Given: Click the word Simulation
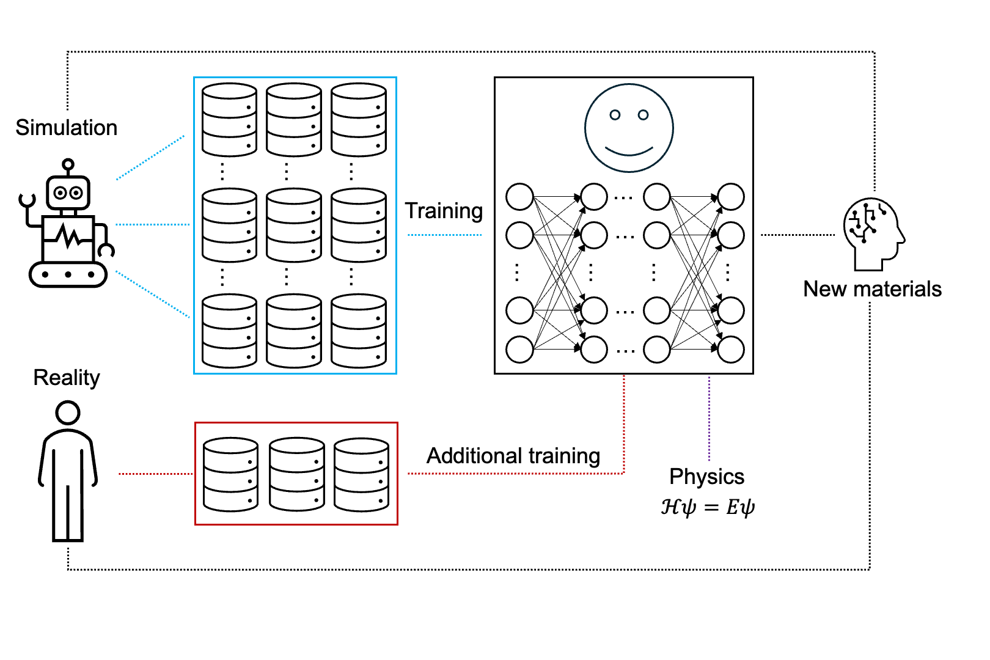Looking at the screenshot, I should [66, 128].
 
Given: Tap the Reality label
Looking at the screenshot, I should [66, 378].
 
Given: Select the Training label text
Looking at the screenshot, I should [444, 211].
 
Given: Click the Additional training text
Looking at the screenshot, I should [513, 456].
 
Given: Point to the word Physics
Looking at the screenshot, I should [706, 477].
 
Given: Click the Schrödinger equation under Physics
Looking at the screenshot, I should [708, 507].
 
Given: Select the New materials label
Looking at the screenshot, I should [872, 289].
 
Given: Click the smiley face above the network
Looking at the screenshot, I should [629, 128].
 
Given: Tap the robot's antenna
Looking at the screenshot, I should [68, 165].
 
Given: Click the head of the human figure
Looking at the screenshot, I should [68, 413].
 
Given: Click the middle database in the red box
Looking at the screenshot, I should [297, 474].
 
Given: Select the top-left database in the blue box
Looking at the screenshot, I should [229, 120].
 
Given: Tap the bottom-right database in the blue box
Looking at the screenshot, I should [359, 331].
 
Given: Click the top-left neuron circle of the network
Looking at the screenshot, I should [520, 197].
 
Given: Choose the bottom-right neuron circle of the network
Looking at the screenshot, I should [731, 350].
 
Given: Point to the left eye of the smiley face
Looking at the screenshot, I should [615, 115].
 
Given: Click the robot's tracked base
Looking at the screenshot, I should [68, 274].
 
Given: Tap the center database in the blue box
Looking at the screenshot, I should [294, 225].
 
